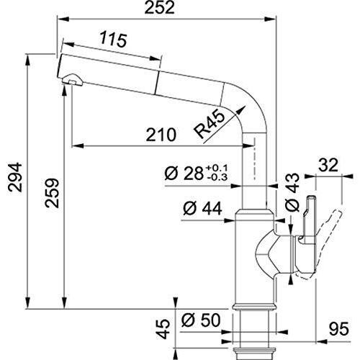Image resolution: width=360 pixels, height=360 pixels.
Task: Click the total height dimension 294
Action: [x=13, y=176]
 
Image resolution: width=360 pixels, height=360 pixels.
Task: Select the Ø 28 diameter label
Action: [x=183, y=174]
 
